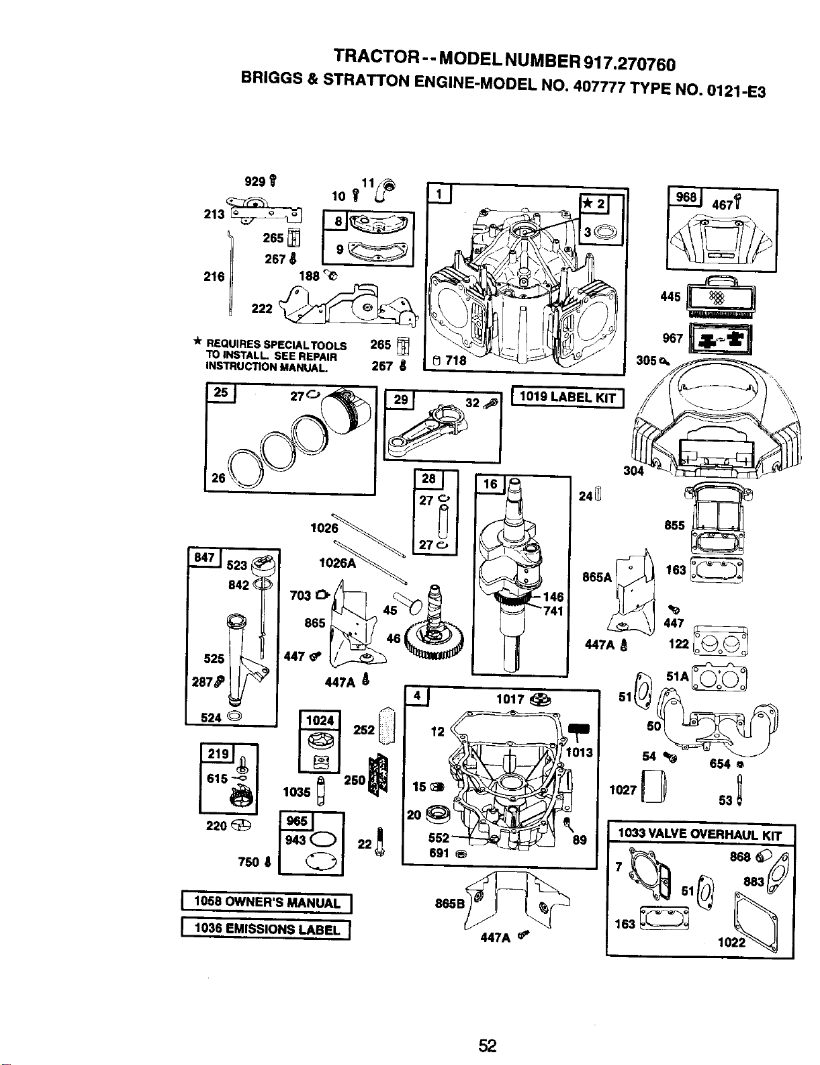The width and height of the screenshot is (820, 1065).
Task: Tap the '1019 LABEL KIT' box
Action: (567, 398)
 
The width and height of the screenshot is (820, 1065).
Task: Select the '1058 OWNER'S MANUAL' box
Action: (267, 903)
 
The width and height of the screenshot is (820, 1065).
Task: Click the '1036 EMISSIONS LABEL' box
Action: (266, 929)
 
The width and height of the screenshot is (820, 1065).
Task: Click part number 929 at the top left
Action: (255, 181)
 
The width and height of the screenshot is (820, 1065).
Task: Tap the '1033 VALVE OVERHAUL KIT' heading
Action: (700, 834)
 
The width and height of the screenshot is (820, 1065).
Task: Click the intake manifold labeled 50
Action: (720, 722)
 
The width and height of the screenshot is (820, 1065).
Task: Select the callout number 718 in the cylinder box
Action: (455, 361)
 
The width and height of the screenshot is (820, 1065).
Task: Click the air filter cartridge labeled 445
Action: (721, 296)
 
